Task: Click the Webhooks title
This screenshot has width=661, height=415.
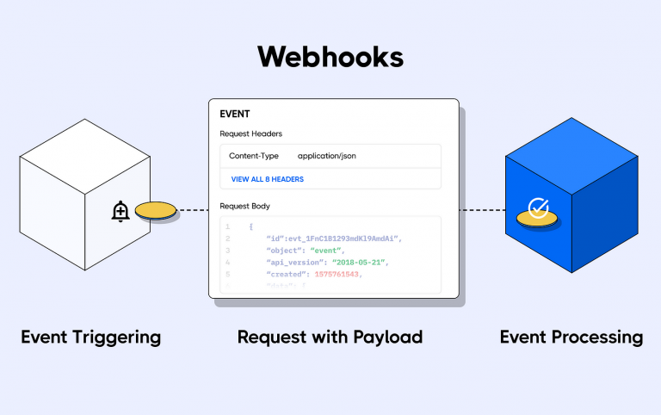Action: [x=330, y=57]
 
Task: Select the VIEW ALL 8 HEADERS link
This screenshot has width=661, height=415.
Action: [x=267, y=179]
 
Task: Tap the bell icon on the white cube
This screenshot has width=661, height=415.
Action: [x=120, y=211]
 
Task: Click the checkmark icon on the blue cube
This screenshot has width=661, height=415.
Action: [x=538, y=207]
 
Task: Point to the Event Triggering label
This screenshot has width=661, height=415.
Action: [x=90, y=337]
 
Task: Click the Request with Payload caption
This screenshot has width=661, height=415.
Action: [x=330, y=337]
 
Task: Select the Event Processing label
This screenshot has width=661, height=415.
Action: [x=571, y=337]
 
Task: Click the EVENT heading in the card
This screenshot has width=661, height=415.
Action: [x=235, y=114]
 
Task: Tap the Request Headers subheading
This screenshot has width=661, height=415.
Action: [x=250, y=133]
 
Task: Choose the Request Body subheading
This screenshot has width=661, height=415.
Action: [x=245, y=207]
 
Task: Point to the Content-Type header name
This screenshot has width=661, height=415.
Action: [x=253, y=156]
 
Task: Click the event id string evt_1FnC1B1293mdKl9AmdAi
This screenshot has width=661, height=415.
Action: [x=346, y=238]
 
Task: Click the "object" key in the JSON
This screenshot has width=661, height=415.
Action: [x=287, y=251]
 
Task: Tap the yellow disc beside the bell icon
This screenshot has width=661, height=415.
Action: [x=156, y=210]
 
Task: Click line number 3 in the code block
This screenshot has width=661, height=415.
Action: [x=227, y=251]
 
